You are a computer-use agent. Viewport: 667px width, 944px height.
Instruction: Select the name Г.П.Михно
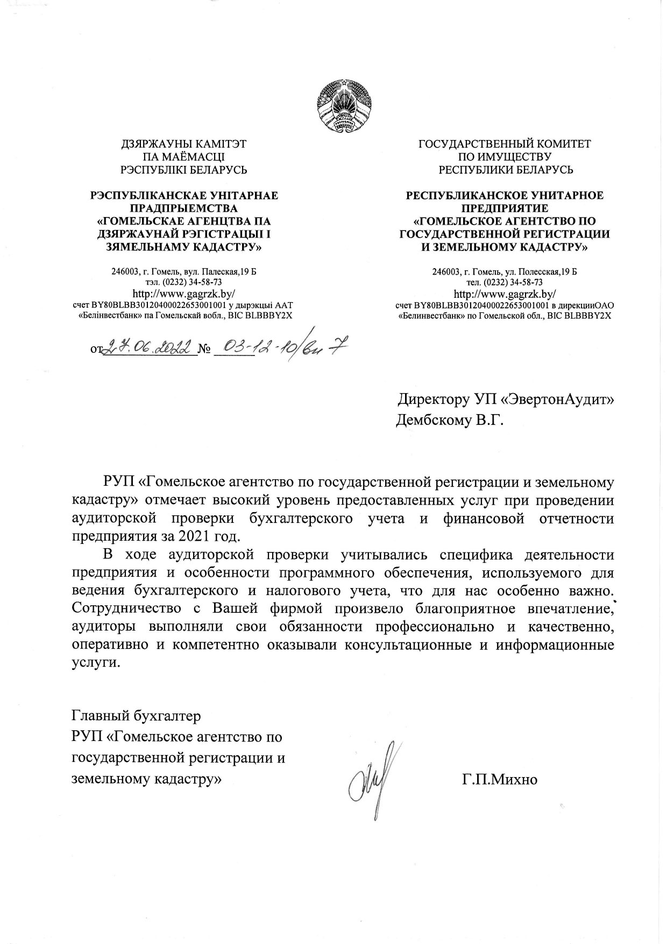pyautogui.click(x=499, y=779)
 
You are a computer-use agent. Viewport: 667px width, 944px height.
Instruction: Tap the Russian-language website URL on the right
pyautogui.click(x=505, y=294)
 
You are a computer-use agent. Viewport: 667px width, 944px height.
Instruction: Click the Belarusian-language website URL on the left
pyautogui.click(x=183, y=294)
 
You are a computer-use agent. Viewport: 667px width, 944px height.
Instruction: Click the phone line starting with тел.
pyautogui.click(x=505, y=282)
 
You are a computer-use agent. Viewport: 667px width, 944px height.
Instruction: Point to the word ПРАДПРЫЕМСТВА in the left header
pyautogui.click(x=184, y=208)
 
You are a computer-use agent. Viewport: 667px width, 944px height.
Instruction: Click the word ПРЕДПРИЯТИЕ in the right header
pyautogui.click(x=505, y=208)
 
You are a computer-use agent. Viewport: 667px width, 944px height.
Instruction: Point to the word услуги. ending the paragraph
pyautogui.click(x=94, y=662)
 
